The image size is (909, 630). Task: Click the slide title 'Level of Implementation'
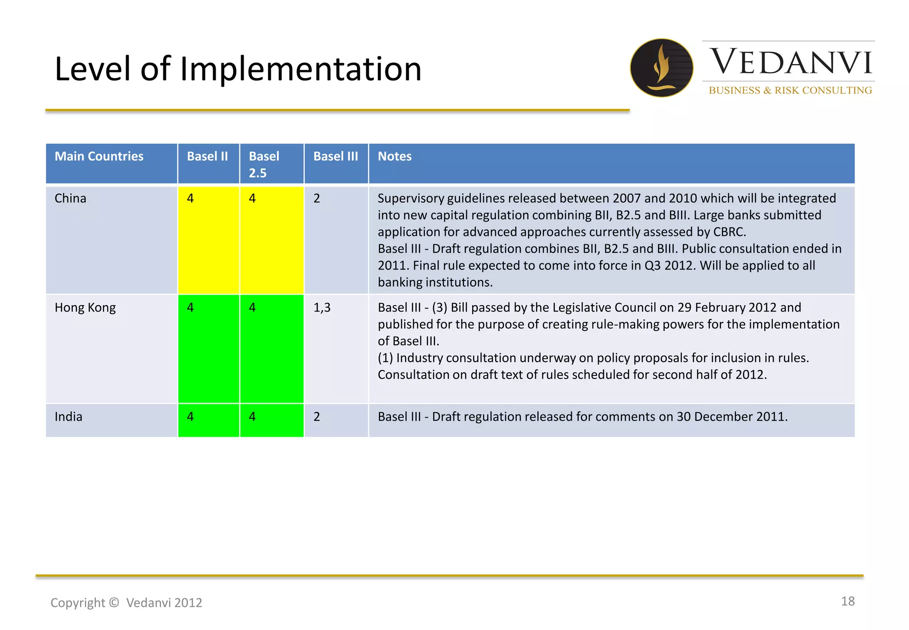(238, 69)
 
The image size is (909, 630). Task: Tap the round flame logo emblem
(661, 68)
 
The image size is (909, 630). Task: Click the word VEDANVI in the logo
(791, 62)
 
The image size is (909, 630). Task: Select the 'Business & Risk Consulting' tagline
(790, 90)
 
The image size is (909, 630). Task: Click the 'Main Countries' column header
(99, 156)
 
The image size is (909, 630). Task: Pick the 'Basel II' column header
(207, 156)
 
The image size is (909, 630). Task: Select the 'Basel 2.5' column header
(264, 164)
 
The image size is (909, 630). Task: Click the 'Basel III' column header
(336, 156)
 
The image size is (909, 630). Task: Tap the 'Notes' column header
(395, 156)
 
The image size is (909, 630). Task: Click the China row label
(71, 198)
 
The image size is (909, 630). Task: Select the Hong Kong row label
(85, 307)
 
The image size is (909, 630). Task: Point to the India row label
(68, 417)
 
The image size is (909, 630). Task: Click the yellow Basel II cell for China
(209, 240)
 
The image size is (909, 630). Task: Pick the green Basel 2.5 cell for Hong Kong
(272, 349)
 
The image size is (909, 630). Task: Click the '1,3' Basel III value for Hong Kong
(322, 307)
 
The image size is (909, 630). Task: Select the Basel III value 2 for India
(316, 417)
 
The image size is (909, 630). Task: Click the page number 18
(847, 601)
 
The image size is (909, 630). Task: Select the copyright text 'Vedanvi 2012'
(164, 603)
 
